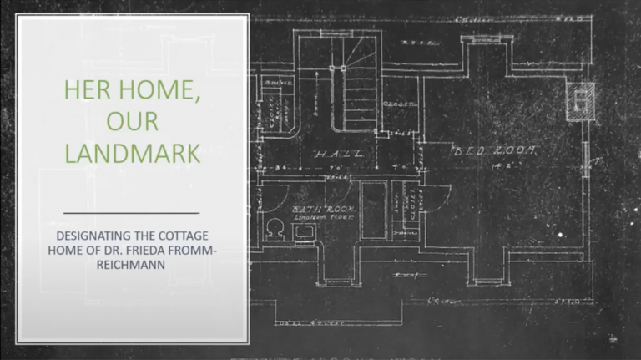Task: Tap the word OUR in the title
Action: [132, 122]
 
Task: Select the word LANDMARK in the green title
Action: [132, 154]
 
